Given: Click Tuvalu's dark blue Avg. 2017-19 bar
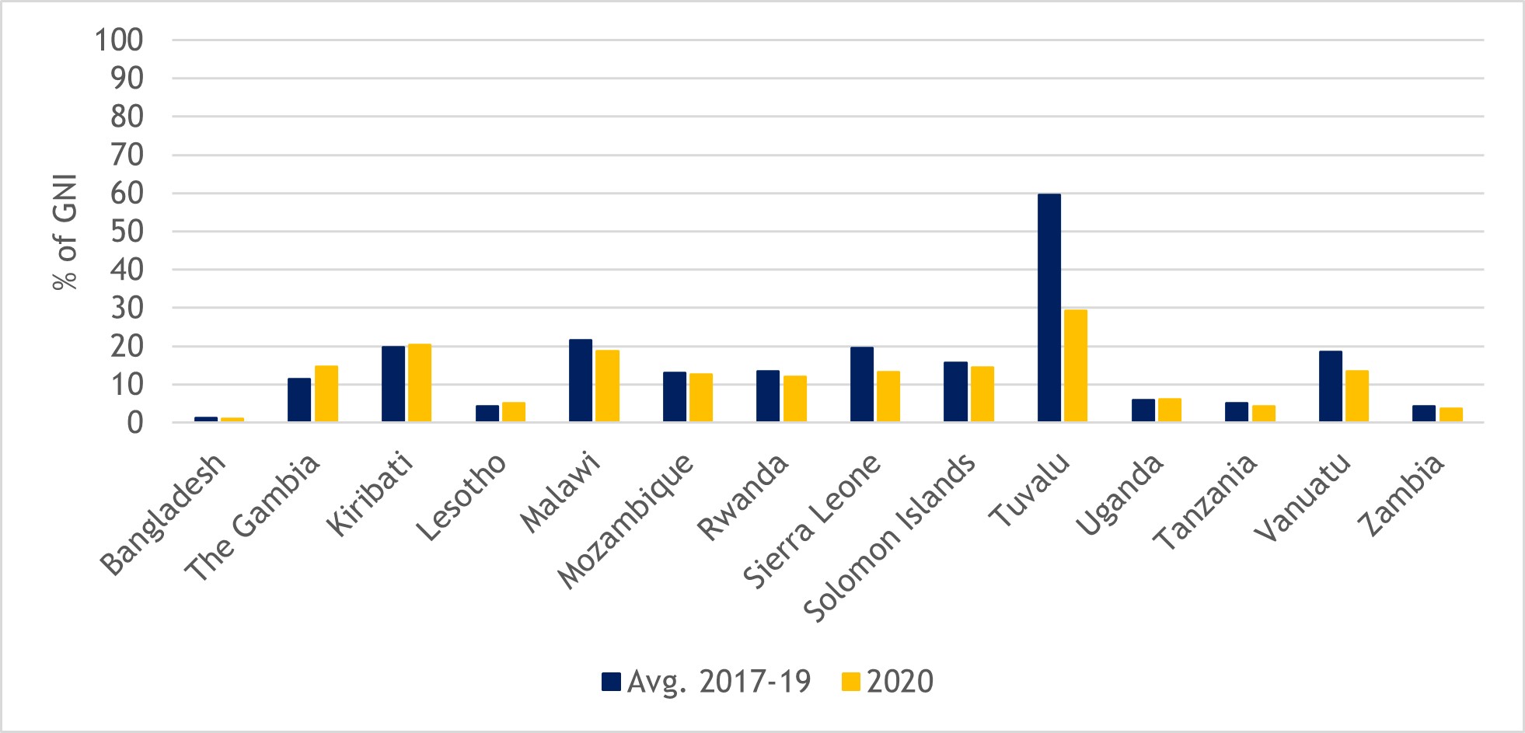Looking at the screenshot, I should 1049,308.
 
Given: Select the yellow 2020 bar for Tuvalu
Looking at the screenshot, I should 1075,365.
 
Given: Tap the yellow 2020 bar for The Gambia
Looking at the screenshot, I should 326,393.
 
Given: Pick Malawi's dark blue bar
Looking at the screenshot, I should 580,381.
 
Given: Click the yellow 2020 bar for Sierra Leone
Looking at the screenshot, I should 888,396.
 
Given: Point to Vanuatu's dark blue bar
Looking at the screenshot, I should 1330,386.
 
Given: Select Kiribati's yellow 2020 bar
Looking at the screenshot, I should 419,382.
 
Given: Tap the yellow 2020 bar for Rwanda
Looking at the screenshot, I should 794,399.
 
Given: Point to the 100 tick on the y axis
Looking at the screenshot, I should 119,40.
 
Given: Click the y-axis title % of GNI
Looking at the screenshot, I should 65,231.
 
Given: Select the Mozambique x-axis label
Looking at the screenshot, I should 626,520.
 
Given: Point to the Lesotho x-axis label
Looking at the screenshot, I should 462,497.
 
